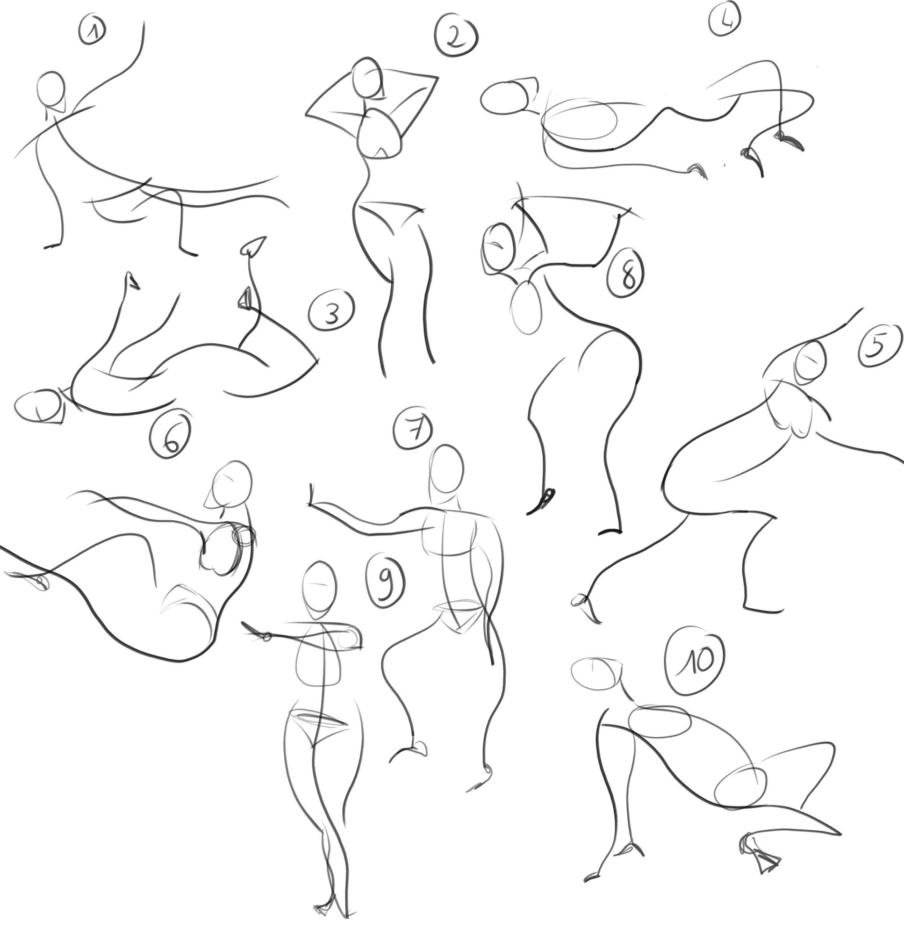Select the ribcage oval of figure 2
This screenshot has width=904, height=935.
379,134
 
